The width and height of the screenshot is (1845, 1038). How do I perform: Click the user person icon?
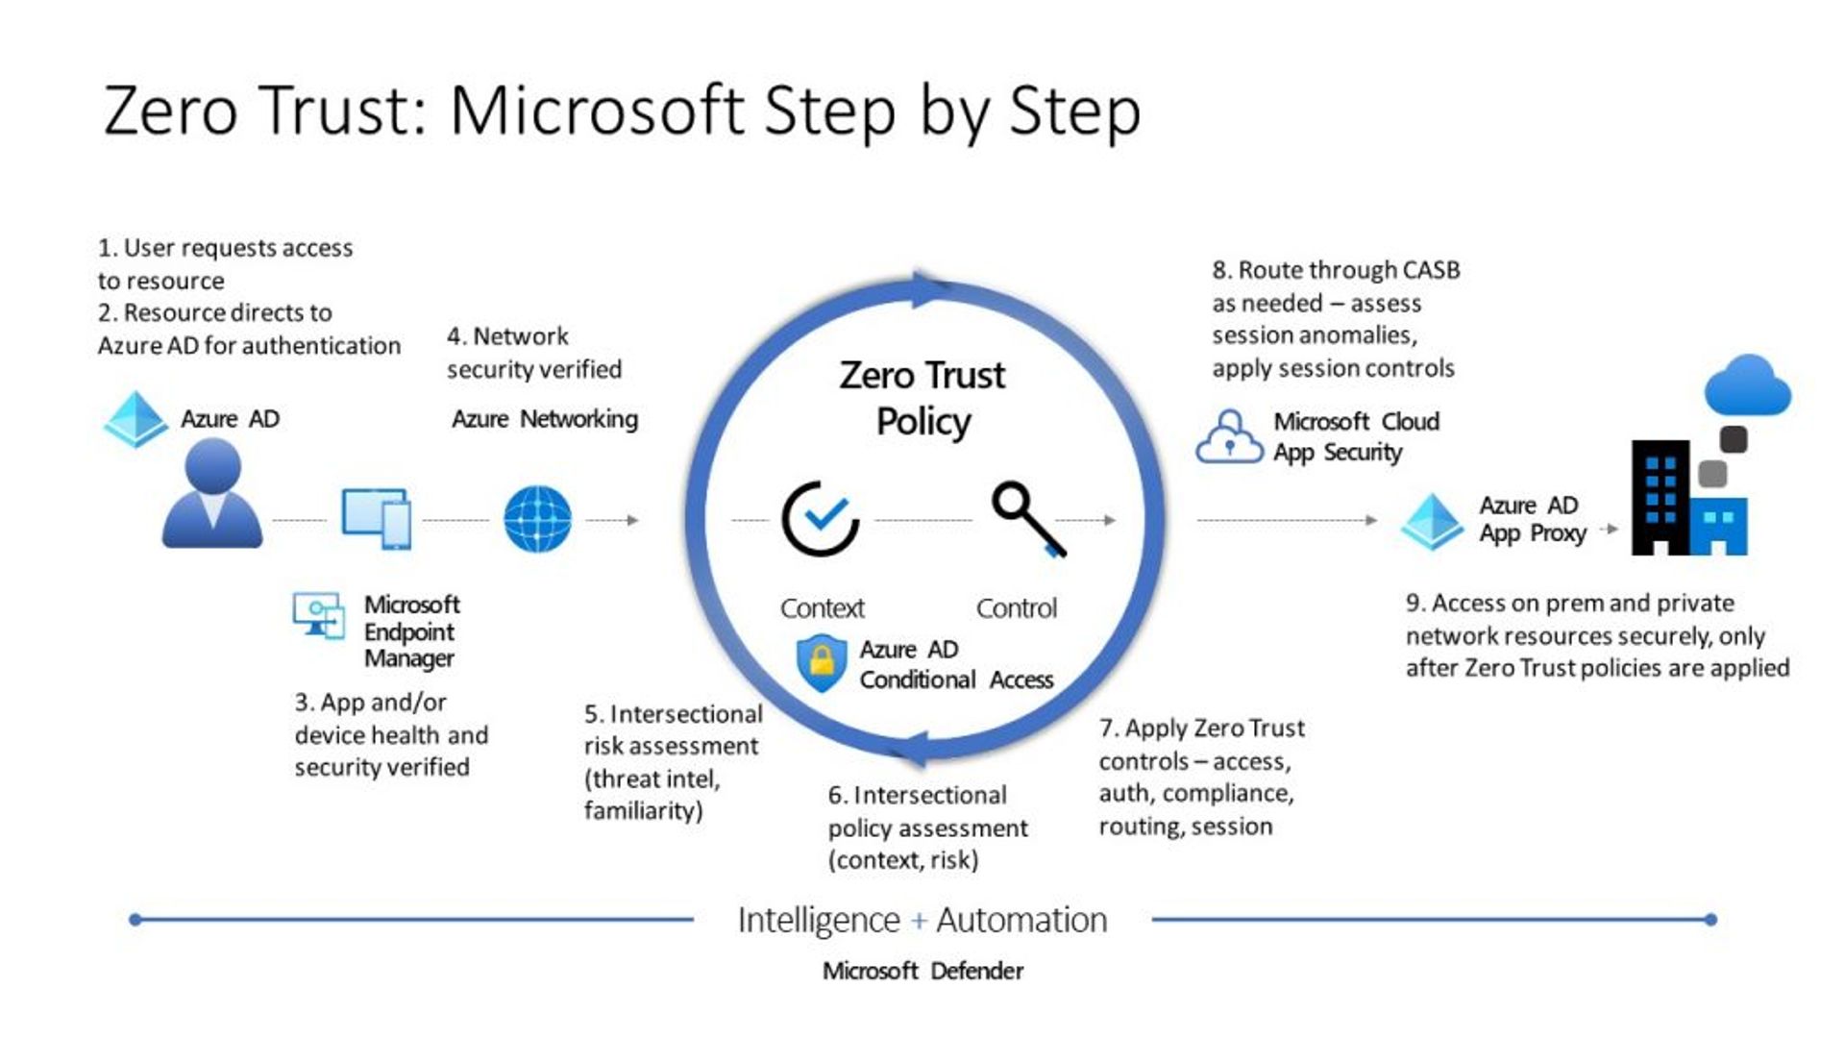[212, 494]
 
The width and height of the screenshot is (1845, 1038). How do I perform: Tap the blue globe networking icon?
[537, 519]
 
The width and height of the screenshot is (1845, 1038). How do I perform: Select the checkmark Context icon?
[820, 519]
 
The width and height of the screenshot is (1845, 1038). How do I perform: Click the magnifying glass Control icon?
[1027, 517]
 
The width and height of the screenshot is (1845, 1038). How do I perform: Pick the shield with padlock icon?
[822, 663]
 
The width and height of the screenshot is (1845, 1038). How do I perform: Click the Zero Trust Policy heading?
[922, 398]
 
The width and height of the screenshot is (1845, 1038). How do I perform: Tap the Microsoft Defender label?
[922, 971]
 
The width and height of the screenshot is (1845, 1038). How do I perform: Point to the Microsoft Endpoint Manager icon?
[319, 615]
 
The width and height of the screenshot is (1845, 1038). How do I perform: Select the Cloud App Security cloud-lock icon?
[1229, 437]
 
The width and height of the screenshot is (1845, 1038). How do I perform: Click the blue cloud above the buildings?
[1747, 385]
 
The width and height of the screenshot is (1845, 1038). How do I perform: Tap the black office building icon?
[1660, 498]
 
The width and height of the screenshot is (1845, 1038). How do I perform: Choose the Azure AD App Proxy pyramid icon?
[1431, 521]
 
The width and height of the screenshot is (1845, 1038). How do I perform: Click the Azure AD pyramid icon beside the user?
[135, 419]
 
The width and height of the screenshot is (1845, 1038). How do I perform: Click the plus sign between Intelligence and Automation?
[919, 921]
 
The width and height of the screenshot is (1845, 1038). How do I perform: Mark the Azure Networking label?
[545, 419]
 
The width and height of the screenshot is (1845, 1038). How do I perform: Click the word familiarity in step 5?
[642, 811]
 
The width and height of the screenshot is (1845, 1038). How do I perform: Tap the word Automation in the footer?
[1021, 921]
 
